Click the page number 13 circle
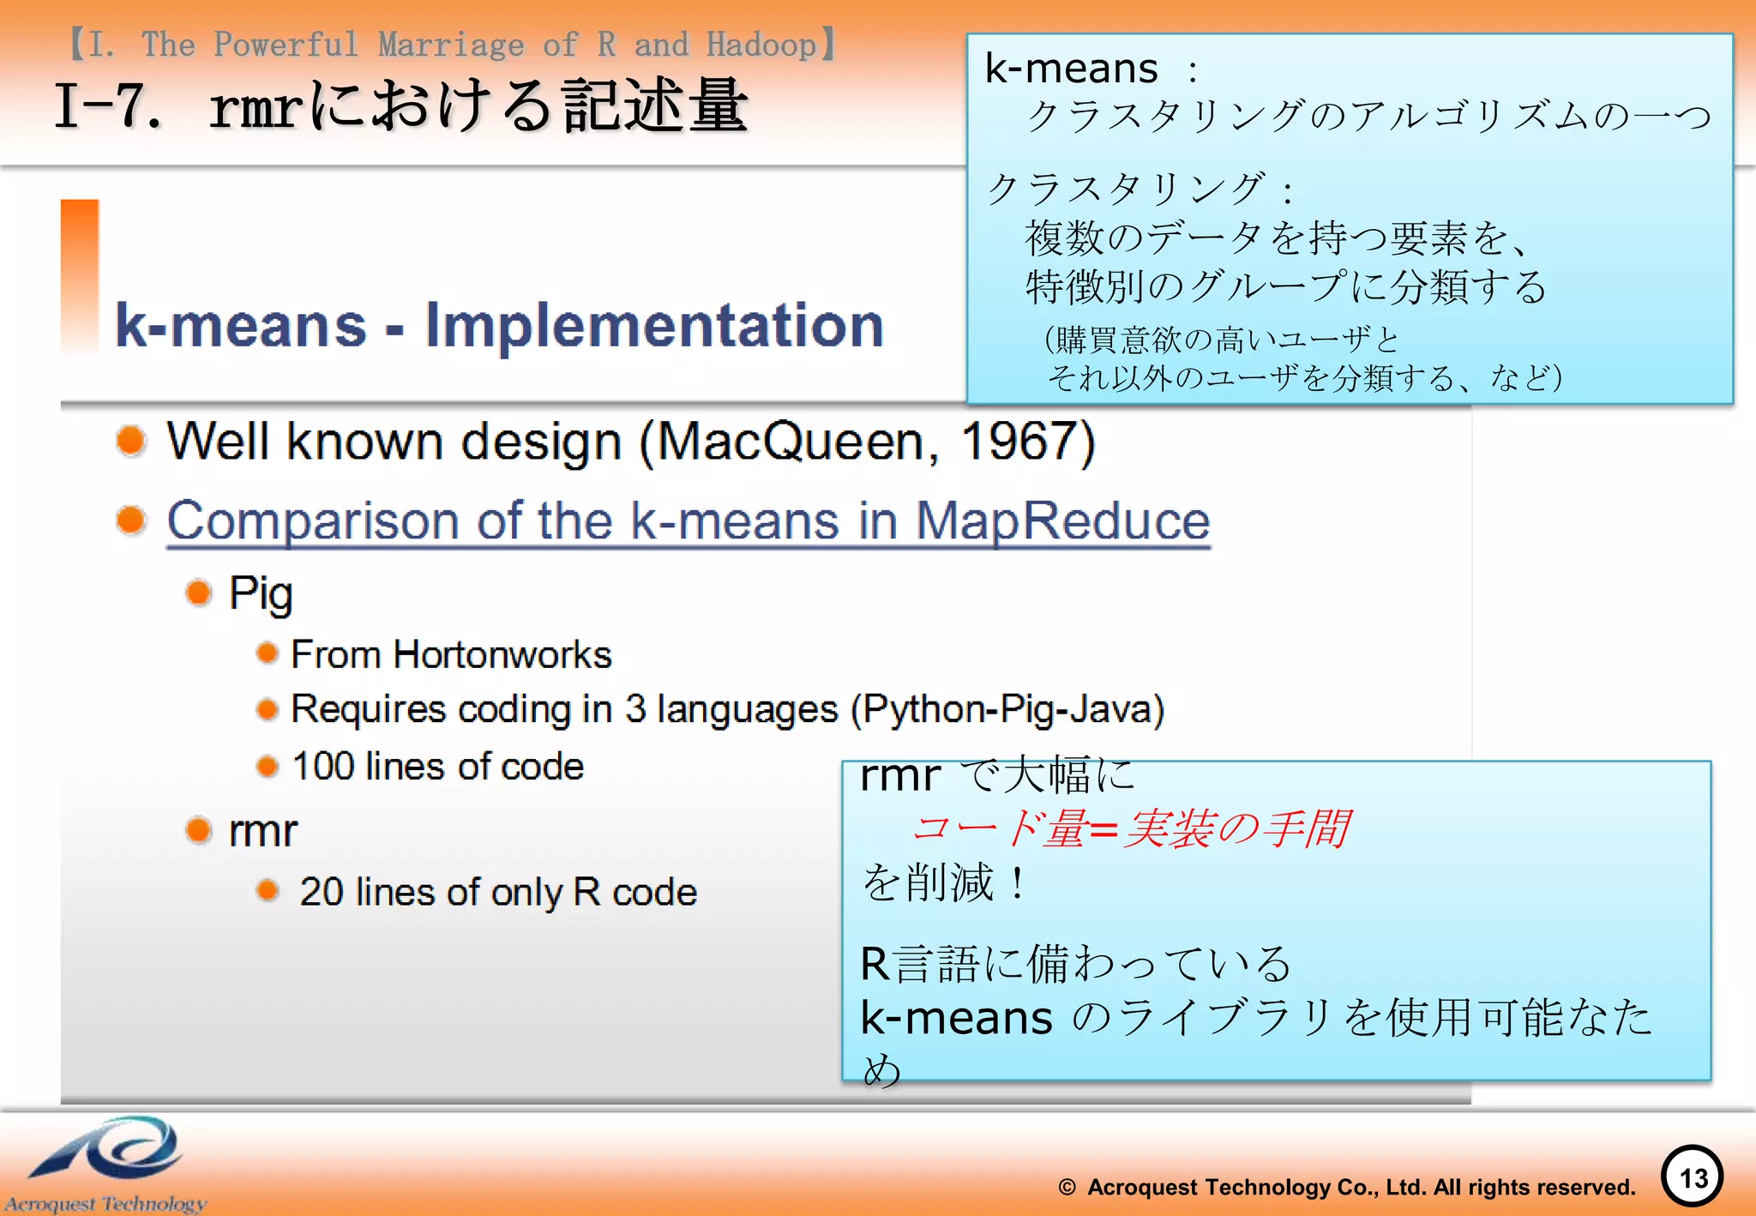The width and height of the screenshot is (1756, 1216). tap(1693, 1177)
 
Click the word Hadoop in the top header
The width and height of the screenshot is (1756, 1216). tap(761, 45)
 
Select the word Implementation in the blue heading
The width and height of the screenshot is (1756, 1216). tap(654, 326)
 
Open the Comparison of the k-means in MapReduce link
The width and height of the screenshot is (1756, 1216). tap(688, 521)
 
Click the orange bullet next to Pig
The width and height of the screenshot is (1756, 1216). tap(199, 593)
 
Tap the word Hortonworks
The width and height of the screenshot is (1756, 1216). tap(502, 655)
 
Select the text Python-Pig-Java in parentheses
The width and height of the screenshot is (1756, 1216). tap(1007, 709)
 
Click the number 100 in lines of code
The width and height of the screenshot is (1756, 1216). tap(323, 766)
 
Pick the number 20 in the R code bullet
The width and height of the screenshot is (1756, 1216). tap(322, 892)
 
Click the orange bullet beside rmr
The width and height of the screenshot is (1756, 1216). tap(199, 830)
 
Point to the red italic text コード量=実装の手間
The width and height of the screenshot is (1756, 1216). tap(1130, 829)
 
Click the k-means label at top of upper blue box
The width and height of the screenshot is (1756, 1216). tap(1071, 69)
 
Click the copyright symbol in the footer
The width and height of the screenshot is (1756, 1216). tap(1067, 1188)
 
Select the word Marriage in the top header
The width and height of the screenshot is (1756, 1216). tap(451, 45)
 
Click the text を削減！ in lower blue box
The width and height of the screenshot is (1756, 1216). tap(944, 882)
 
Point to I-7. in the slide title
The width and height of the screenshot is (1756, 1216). tap(108, 107)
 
